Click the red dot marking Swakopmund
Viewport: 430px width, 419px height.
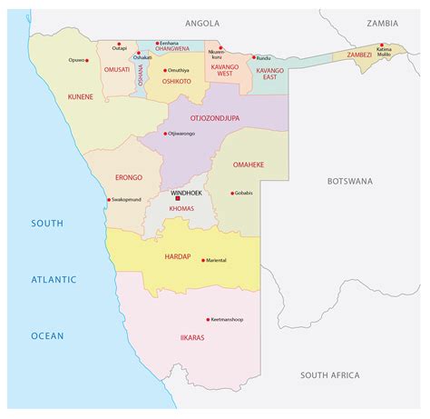click(109, 200)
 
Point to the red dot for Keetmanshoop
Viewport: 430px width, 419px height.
click(207, 320)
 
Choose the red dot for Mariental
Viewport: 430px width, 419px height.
click(203, 260)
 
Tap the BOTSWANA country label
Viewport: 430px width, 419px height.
click(349, 181)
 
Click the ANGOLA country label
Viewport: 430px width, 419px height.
click(203, 22)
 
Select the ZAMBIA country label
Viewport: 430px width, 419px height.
click(383, 22)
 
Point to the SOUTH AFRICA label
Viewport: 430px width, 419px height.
click(330, 374)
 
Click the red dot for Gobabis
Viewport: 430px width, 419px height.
click(232, 193)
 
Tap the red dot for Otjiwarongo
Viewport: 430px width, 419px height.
click(164, 134)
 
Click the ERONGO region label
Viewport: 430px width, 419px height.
click(129, 178)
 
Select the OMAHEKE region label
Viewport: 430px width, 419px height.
click(249, 165)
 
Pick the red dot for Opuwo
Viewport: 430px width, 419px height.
click(91, 60)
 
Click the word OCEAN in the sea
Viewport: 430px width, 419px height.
click(48, 335)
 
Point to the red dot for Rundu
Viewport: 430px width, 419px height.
click(253, 58)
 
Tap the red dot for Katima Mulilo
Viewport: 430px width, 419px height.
click(383, 45)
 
